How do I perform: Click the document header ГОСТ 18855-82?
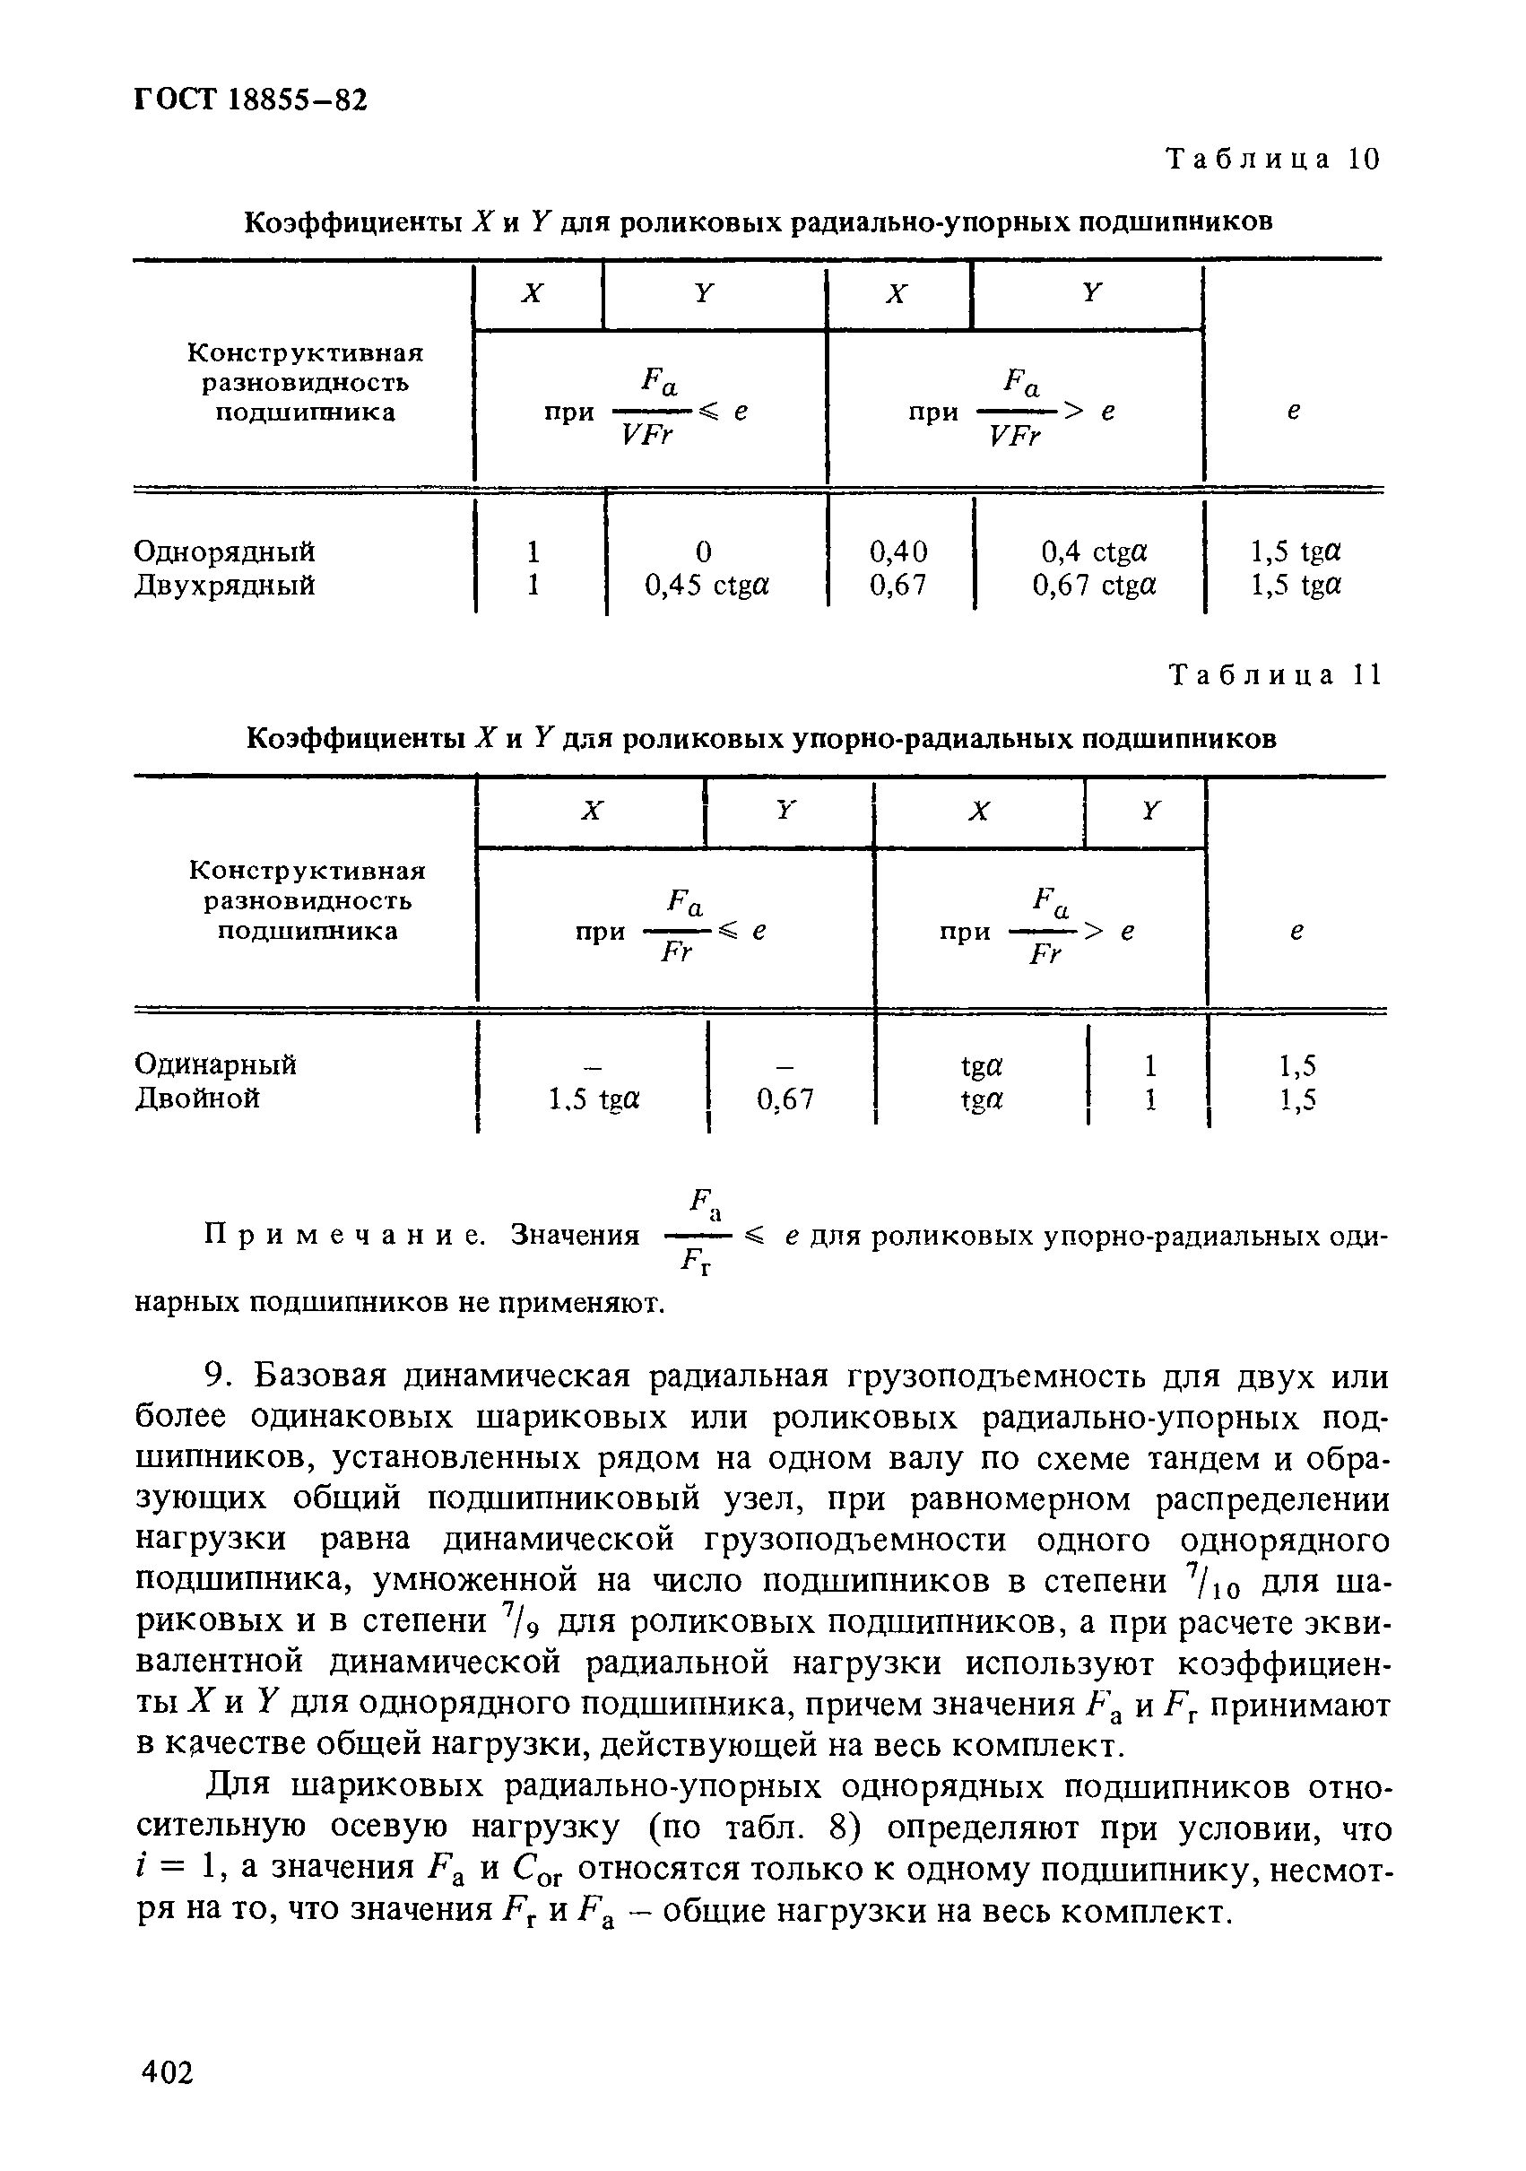click(249, 100)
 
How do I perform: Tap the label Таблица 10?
click(1273, 159)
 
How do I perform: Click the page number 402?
click(167, 2072)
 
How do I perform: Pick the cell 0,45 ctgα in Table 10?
click(707, 586)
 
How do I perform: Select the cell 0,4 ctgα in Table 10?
click(1093, 551)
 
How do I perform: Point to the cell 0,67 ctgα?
click(1093, 586)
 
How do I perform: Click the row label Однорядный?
click(224, 551)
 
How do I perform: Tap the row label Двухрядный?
click(224, 586)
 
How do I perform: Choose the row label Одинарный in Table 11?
click(214, 1064)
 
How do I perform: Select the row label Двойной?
click(196, 1099)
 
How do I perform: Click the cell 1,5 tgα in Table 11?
click(594, 1099)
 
